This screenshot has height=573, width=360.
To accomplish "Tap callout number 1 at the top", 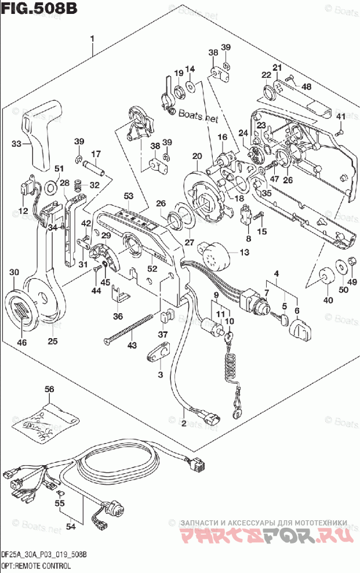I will coord(92,39).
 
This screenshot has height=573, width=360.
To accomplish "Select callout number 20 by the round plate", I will coord(197,156).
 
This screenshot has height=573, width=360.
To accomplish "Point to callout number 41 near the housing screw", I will coord(341,118).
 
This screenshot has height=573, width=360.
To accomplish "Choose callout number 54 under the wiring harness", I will coord(71,526).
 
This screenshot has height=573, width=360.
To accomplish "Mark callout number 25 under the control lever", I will coord(53,341).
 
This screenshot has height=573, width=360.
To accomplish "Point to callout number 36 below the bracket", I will coord(118,316).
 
